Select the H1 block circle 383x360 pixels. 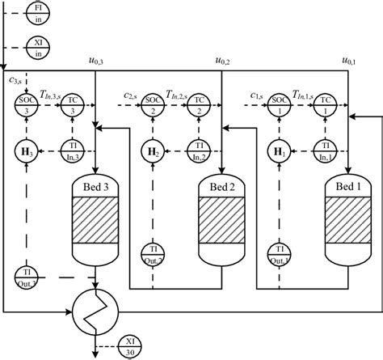(x=280, y=150)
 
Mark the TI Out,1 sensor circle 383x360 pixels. (x=280, y=253)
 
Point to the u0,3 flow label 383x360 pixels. (x=95, y=61)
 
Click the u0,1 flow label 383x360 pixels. (x=349, y=61)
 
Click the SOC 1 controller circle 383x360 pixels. (x=280, y=104)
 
